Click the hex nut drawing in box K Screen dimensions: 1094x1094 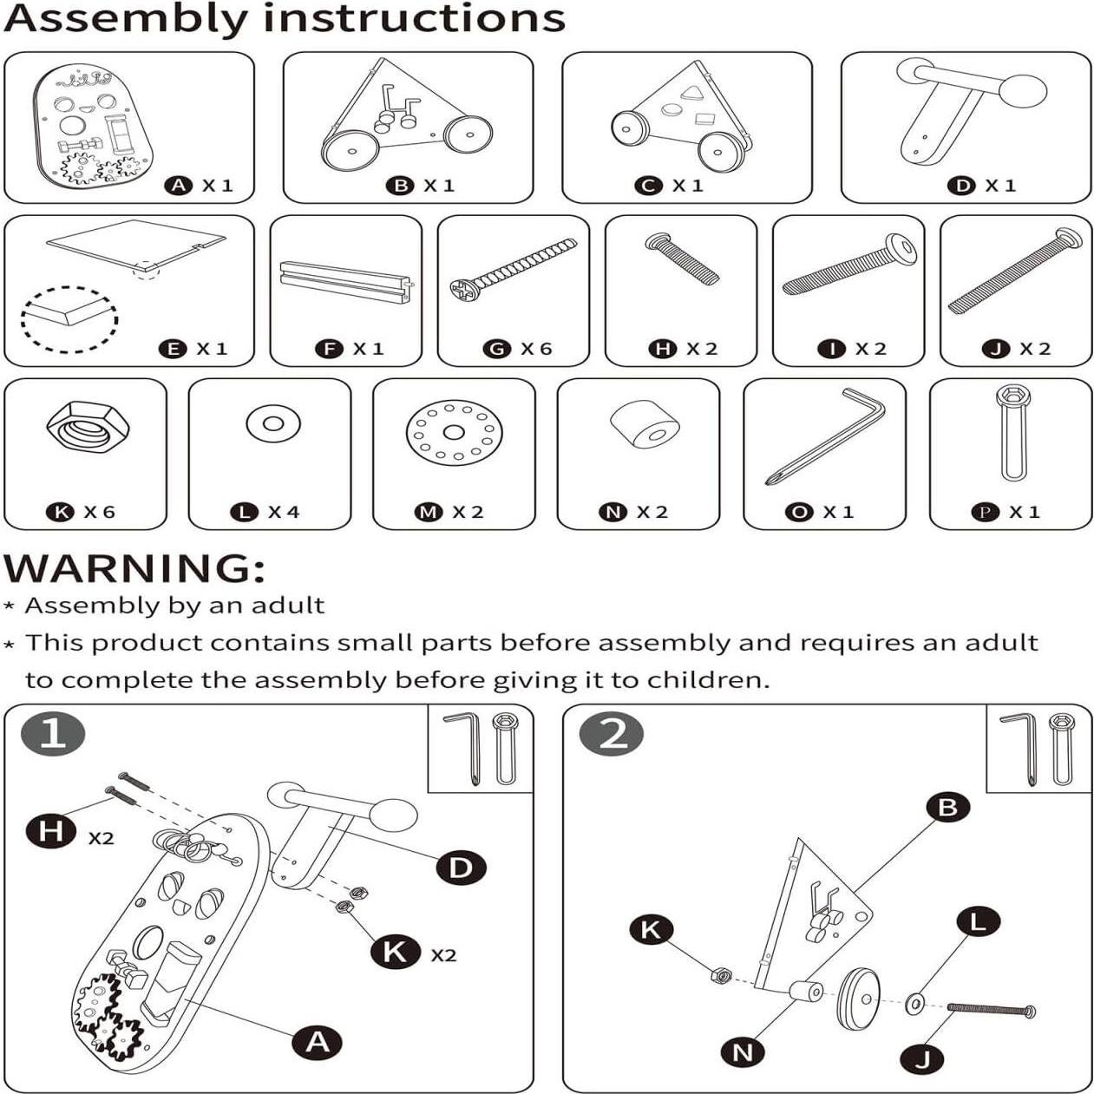[88, 427]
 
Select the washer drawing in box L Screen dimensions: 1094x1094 [273, 423]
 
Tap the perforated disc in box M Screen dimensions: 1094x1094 [455, 433]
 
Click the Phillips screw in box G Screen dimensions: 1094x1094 [514, 269]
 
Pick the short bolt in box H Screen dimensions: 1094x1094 [682, 258]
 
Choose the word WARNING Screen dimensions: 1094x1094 [134, 567]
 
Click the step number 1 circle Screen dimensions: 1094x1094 [53, 733]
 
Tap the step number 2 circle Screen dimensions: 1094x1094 [612, 733]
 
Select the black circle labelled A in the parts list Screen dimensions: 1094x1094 [178, 185]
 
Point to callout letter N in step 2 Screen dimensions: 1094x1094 [743, 1052]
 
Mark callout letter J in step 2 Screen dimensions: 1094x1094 [922, 1058]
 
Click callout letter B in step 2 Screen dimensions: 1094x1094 [948, 807]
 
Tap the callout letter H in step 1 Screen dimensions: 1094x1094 [51, 832]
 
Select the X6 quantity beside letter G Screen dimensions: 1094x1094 [536, 348]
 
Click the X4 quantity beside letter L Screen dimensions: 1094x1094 [284, 512]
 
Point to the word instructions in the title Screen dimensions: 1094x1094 [414, 19]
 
